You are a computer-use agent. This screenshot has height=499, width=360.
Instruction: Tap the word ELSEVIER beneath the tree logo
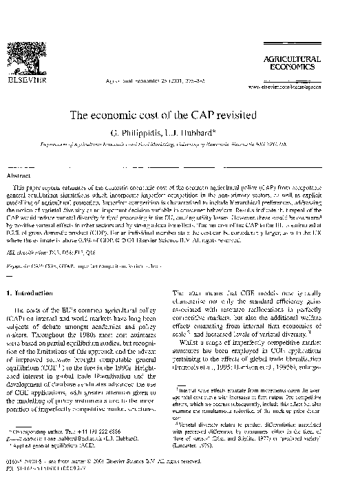click(34, 87)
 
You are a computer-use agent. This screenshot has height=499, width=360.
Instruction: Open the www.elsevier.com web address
click(308, 88)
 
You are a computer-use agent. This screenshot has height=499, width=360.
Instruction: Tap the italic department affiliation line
click(180, 145)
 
